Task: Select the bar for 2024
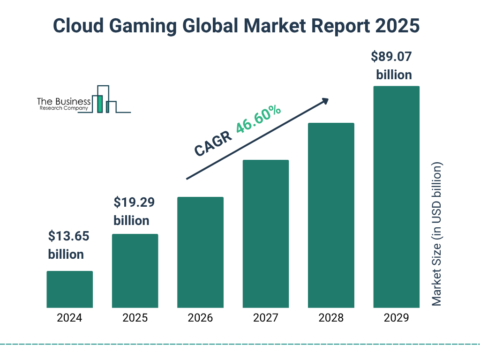point(69,289)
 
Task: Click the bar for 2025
point(135,270)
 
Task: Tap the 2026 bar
point(200,252)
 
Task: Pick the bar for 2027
point(265,233)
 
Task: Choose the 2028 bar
point(331,215)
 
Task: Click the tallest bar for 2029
point(396,197)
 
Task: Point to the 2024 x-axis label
point(69,318)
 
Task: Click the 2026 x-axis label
point(200,318)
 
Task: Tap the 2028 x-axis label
point(331,318)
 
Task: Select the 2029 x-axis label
point(396,318)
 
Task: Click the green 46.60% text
point(258,120)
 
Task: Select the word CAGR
point(213,143)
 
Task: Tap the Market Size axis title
point(437,234)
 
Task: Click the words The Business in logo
point(64,101)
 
